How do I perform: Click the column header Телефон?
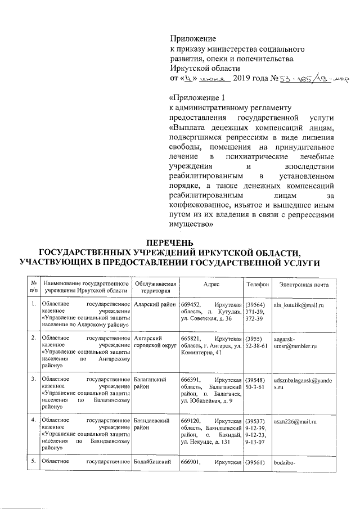[x=256, y=285]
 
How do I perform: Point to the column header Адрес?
[x=211, y=285]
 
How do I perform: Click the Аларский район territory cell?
[x=154, y=304]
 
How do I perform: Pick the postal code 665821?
[x=190, y=338]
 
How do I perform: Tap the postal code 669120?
[x=190, y=420]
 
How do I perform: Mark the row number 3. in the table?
[x=34, y=380]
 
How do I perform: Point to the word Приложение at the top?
[x=193, y=39]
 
